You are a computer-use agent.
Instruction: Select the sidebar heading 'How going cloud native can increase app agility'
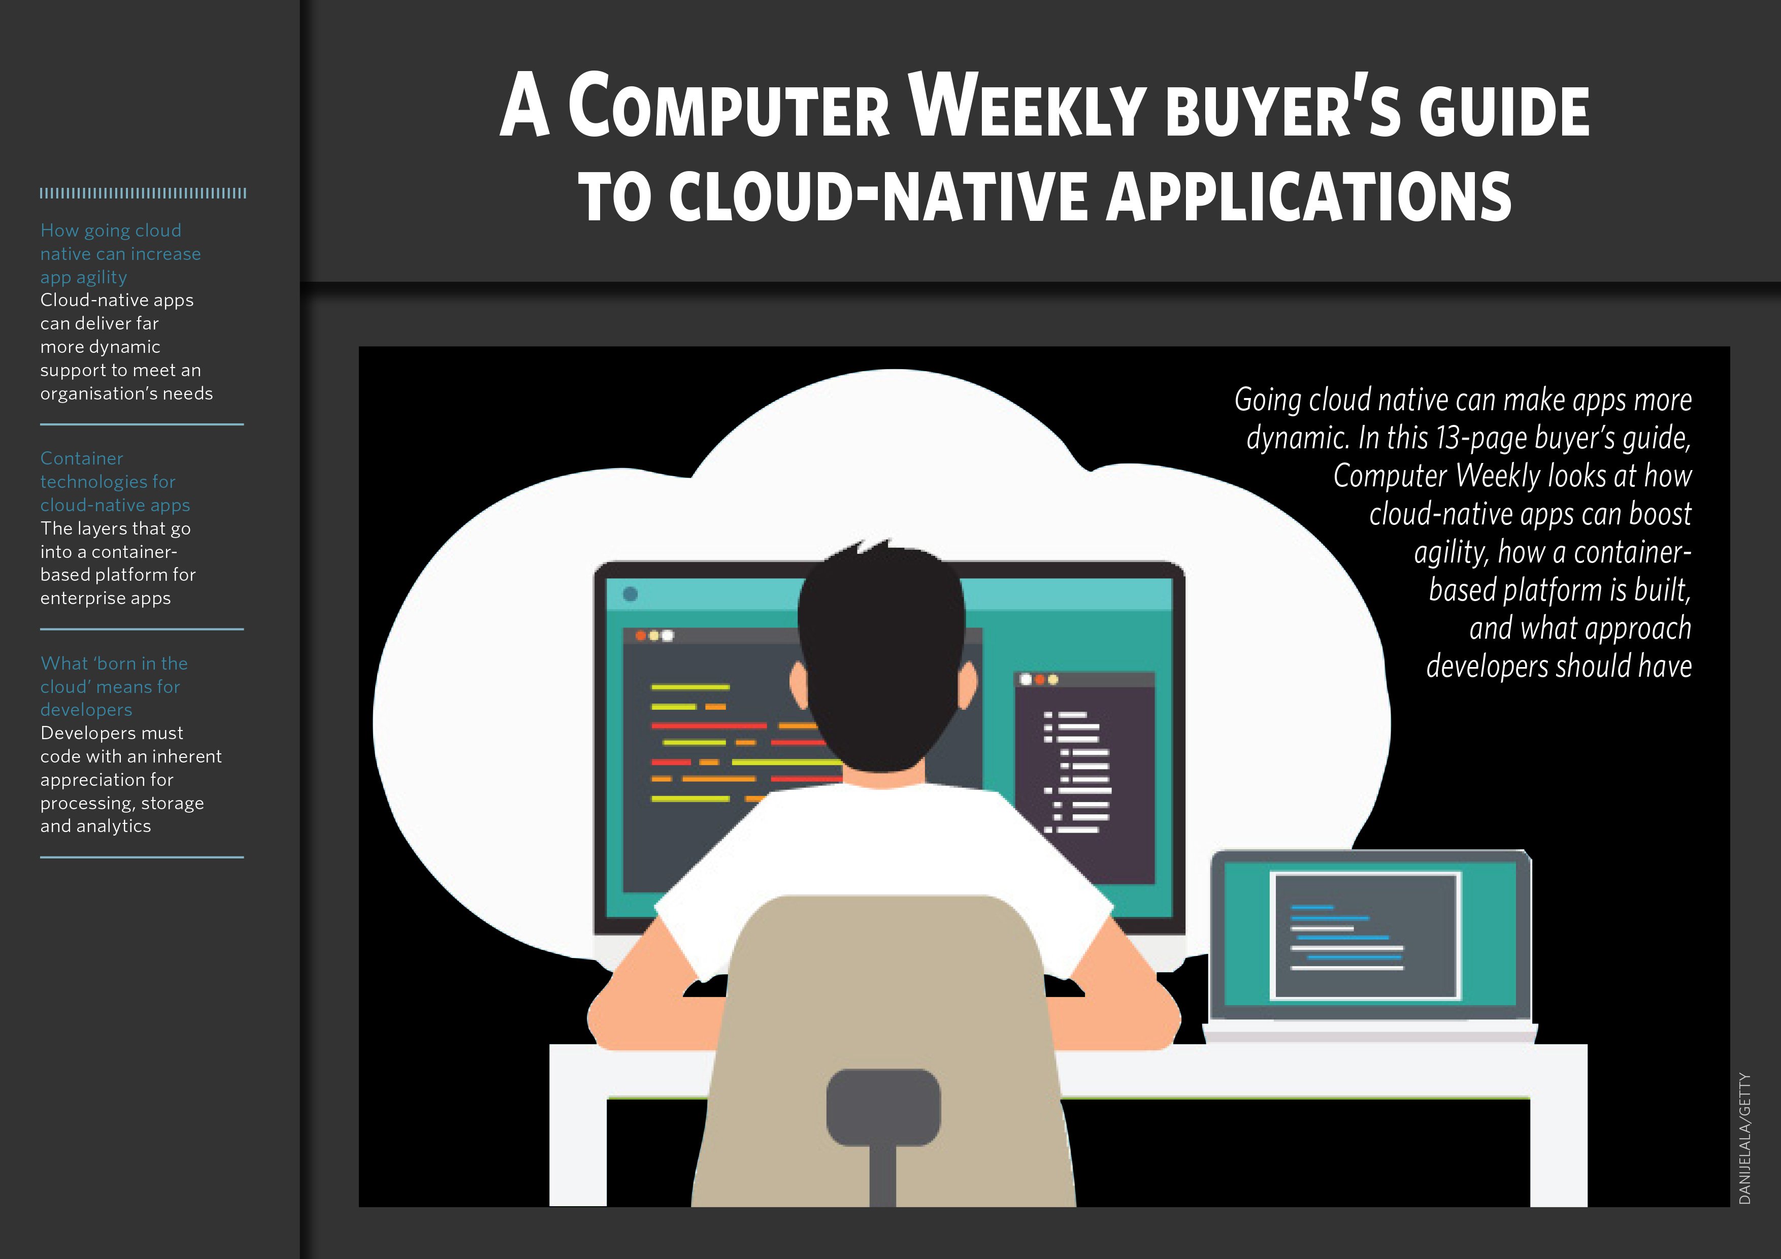pyautogui.click(x=120, y=254)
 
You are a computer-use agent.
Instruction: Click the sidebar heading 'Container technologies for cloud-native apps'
pyautogui.click(x=115, y=482)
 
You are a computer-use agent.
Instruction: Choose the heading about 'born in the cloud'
pyautogui.click(x=114, y=686)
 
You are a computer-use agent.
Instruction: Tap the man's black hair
pyautogui.click(x=882, y=659)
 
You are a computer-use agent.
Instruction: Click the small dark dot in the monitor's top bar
pyautogui.click(x=630, y=594)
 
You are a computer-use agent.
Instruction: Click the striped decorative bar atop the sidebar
pyautogui.click(x=143, y=193)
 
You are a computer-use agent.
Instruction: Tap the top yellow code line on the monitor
pyautogui.click(x=689, y=687)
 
